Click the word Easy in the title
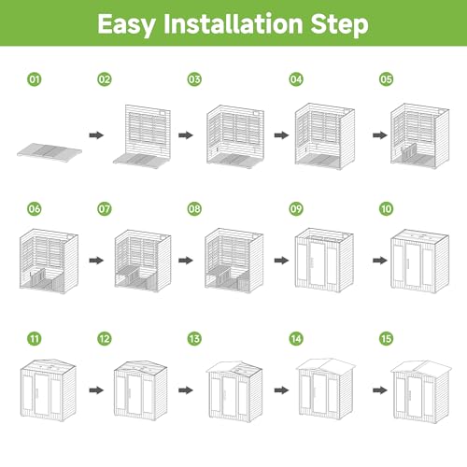point(126,24)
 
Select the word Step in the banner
point(340,24)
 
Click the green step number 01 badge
point(35,79)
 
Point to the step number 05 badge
point(386,79)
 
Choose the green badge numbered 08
point(194,208)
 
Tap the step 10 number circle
point(386,208)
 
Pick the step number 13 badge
point(194,339)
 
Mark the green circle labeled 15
point(386,339)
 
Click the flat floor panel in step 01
point(50,151)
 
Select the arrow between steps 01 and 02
point(96,135)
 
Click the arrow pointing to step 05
point(380,135)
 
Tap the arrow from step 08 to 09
point(281,261)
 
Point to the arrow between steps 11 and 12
point(96,390)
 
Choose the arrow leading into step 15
point(380,390)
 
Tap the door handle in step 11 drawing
point(36,393)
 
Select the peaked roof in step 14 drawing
point(326,365)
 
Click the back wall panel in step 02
point(148,131)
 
